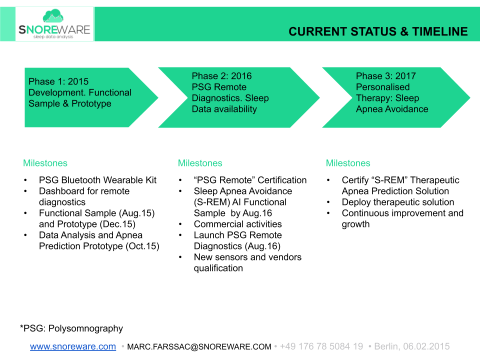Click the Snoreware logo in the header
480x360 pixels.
pyautogui.click(x=54, y=24)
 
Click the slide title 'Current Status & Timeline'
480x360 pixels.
pyautogui.click(x=378, y=32)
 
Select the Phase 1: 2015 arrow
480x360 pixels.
pyautogui.click(x=85, y=97)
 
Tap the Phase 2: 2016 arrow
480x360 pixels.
pyautogui.click(x=235, y=97)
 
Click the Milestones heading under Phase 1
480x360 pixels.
pyautogui.click(x=45, y=163)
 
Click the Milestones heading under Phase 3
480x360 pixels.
pyautogui.click(x=348, y=163)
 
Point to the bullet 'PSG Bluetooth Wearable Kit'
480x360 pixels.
pyautogui.click(x=97, y=180)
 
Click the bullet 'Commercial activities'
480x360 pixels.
pyautogui.click(x=237, y=224)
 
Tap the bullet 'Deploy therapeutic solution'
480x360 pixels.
pyautogui.click(x=397, y=202)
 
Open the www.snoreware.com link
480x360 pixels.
pyautogui.click(x=73, y=346)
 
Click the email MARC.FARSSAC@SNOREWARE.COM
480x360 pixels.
pyautogui.click(x=199, y=346)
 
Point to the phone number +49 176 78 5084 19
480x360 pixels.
pyautogui.click(x=321, y=346)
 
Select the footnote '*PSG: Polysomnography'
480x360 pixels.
pyautogui.click(x=71, y=328)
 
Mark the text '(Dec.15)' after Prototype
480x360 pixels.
pyautogui.click(x=136, y=224)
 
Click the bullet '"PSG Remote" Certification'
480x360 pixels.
pyautogui.click(x=250, y=180)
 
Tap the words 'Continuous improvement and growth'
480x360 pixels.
pyautogui.click(x=402, y=218)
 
